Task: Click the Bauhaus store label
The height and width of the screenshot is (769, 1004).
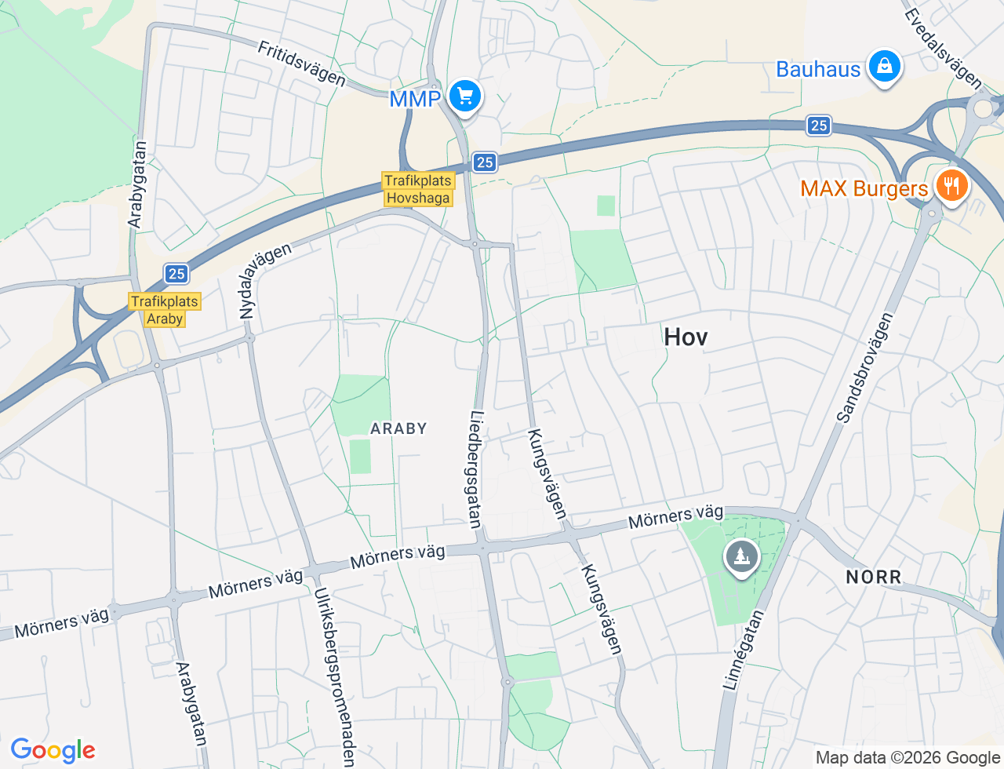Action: click(818, 69)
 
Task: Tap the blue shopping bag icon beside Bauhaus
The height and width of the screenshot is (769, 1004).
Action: click(884, 67)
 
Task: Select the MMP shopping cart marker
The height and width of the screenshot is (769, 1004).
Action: click(465, 97)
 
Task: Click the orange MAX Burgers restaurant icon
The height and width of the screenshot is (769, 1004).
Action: click(951, 186)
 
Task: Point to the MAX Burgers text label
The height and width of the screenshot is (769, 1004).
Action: click(864, 188)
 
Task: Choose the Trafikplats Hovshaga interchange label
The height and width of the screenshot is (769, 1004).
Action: click(418, 189)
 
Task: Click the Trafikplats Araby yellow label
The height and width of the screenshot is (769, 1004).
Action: click(165, 310)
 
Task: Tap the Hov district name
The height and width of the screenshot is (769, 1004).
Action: click(686, 337)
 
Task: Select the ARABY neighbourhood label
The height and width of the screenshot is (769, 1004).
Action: click(398, 428)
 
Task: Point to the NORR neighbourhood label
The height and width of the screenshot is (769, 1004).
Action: click(874, 578)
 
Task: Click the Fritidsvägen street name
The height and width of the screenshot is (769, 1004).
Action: click(301, 64)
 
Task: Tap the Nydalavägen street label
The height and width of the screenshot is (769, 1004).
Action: click(264, 280)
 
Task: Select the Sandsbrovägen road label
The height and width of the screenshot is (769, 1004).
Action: click(865, 368)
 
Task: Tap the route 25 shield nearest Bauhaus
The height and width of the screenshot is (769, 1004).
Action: click(819, 126)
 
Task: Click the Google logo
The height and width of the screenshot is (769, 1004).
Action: click(53, 750)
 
